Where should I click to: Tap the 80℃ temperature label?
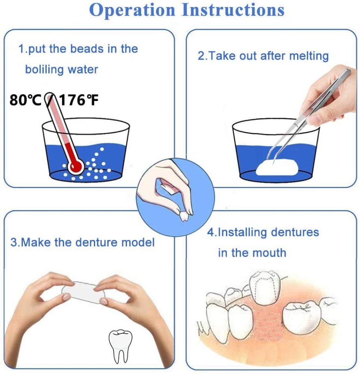coord(25,100)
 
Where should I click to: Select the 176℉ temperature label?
coord(79,100)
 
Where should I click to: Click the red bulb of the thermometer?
coord(76,166)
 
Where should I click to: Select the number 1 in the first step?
coord(21,49)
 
